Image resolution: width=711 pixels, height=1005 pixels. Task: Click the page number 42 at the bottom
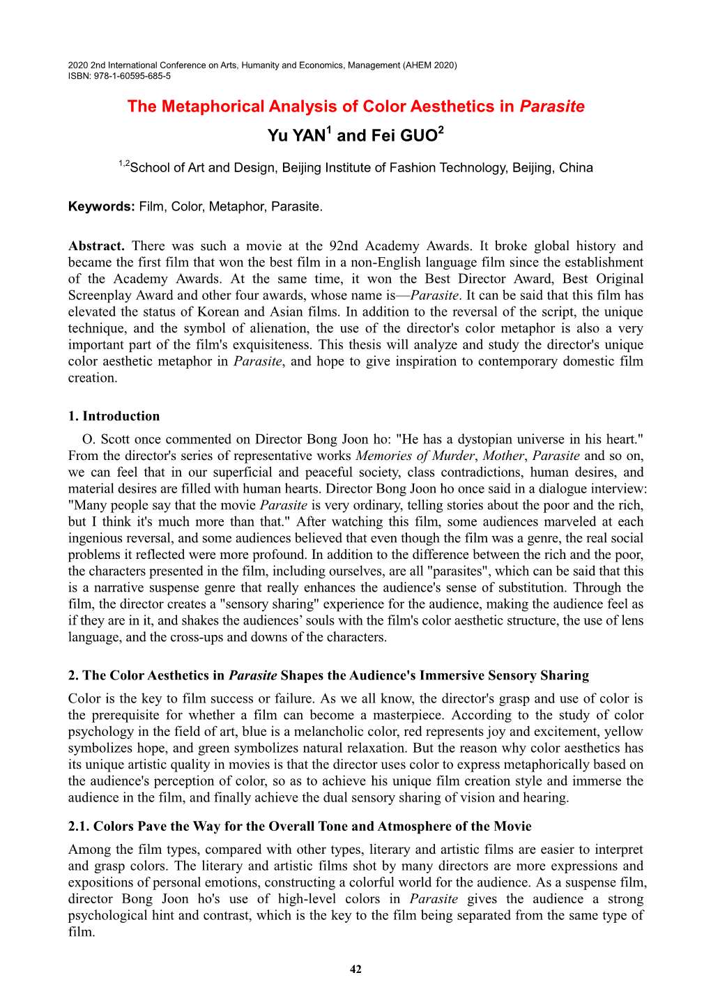tap(355, 969)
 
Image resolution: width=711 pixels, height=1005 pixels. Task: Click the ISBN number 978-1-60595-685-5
tap(132, 76)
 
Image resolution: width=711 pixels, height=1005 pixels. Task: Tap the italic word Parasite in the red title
tap(552, 107)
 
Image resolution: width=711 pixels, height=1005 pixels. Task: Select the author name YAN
tap(307, 136)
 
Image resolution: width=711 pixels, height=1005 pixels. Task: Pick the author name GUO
tap(418, 136)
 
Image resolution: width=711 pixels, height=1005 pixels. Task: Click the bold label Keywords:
tap(101, 206)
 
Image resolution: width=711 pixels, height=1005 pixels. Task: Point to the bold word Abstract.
tap(96, 246)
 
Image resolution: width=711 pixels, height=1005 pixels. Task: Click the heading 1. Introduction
tap(114, 416)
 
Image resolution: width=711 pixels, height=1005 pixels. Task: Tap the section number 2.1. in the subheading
tap(79, 827)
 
